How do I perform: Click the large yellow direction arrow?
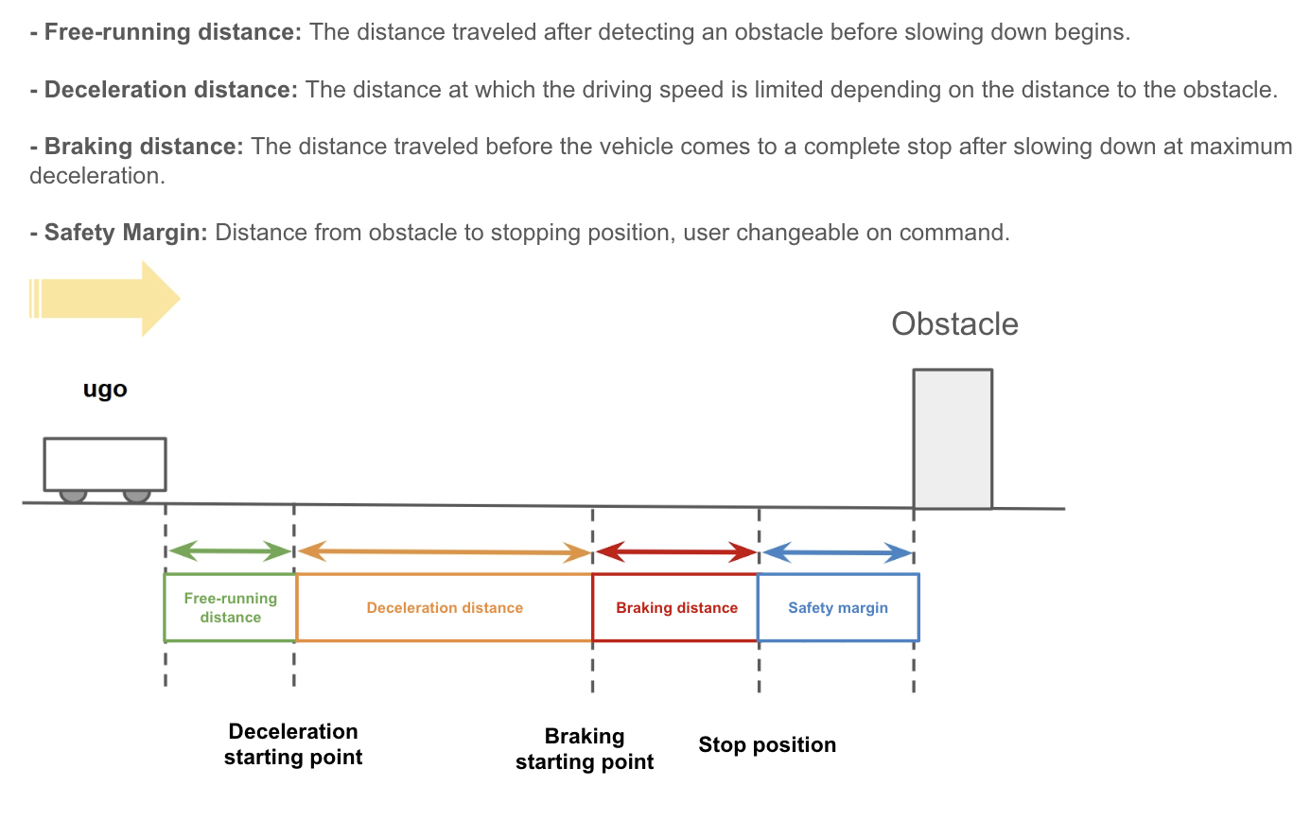click(105, 299)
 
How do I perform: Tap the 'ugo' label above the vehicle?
click(105, 390)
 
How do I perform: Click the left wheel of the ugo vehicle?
click(73, 496)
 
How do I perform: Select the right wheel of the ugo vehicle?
click(137, 496)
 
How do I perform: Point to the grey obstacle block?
click(953, 439)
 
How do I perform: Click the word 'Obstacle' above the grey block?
click(954, 323)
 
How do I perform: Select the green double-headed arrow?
click(230, 551)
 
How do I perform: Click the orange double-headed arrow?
click(445, 551)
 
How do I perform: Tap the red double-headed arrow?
click(676, 551)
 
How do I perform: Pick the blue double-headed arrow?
click(837, 552)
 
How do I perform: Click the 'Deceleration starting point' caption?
click(293, 743)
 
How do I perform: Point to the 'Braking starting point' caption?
click(585, 748)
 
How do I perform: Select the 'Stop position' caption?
click(767, 745)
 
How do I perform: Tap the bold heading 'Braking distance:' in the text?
click(136, 147)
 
